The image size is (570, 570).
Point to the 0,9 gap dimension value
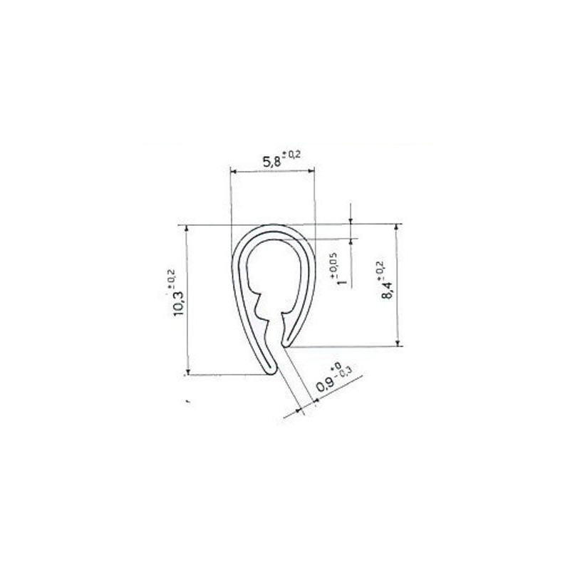click(x=326, y=385)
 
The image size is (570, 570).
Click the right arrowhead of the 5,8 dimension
click(x=311, y=171)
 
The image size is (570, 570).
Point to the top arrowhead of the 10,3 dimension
click(x=188, y=229)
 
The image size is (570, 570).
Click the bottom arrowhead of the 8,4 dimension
click(x=397, y=343)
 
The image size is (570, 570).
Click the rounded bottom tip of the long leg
click(x=269, y=370)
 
